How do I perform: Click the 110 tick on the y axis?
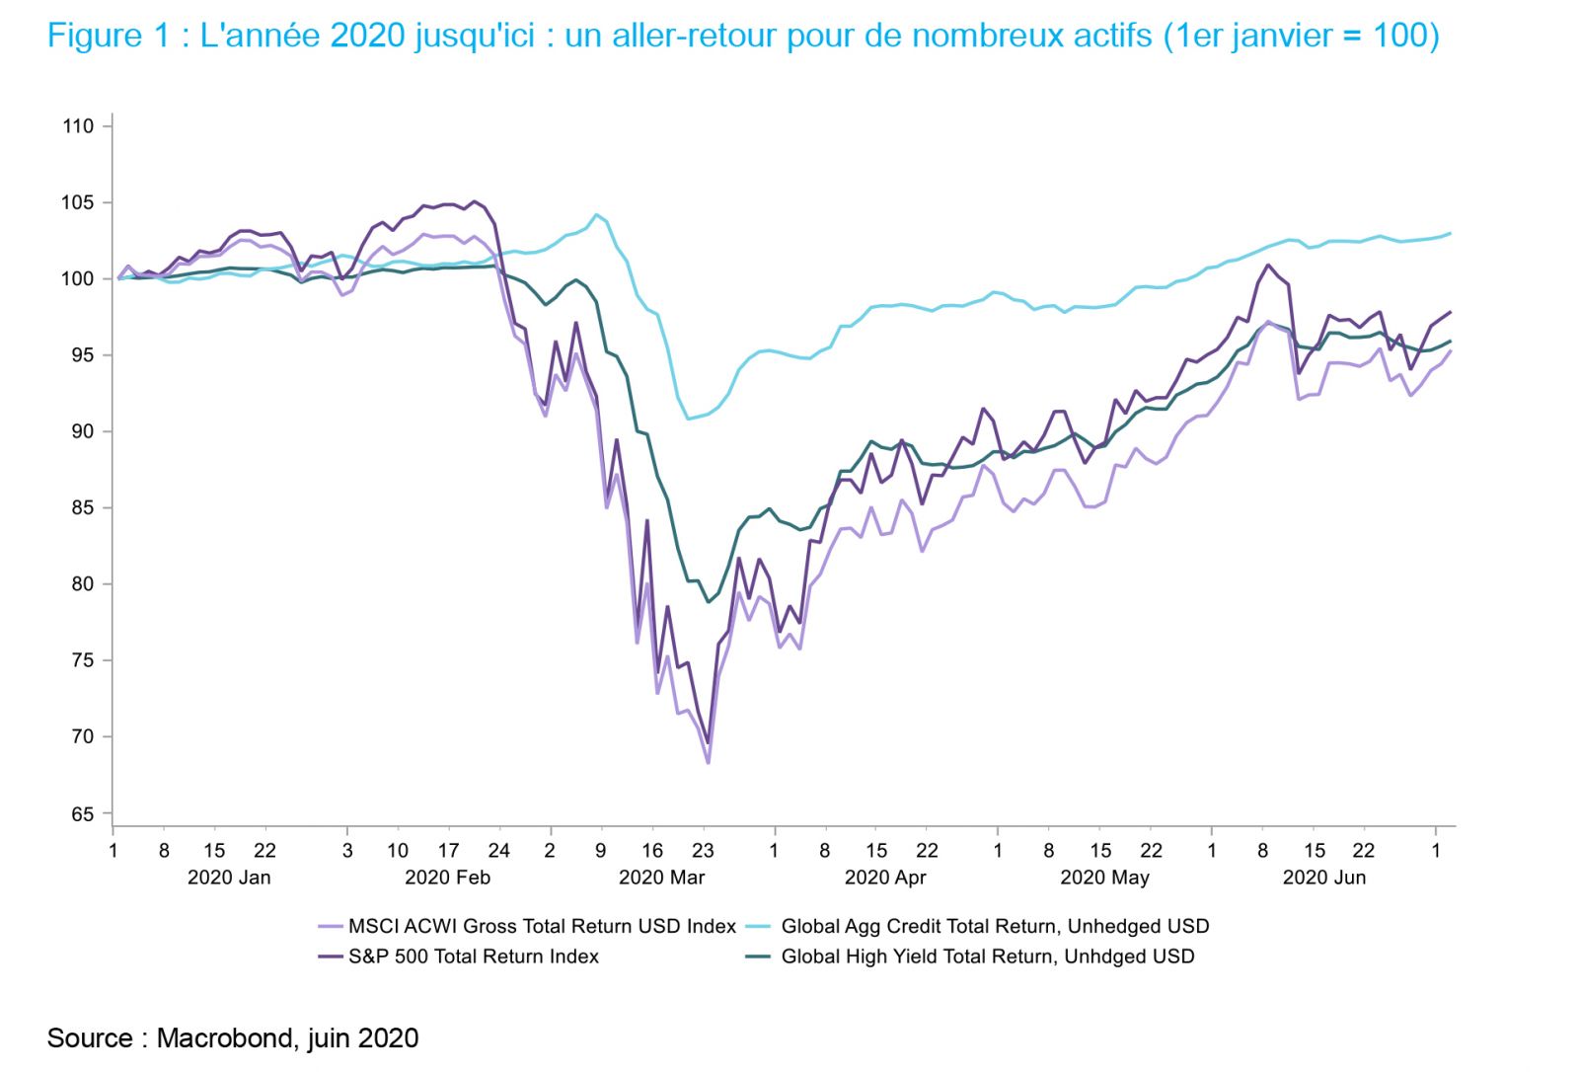78,126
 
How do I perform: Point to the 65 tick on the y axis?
82,814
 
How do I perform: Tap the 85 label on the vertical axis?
82,508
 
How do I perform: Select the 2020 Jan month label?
229,878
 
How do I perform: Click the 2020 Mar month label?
661,878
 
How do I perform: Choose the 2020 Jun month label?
1323,878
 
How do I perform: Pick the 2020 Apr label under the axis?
885,878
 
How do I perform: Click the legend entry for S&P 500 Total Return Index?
473,957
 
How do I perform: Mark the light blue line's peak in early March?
596,214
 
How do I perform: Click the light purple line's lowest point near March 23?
708,762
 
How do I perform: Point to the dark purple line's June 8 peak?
1268,265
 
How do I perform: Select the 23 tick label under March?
703,851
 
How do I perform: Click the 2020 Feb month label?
447,878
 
